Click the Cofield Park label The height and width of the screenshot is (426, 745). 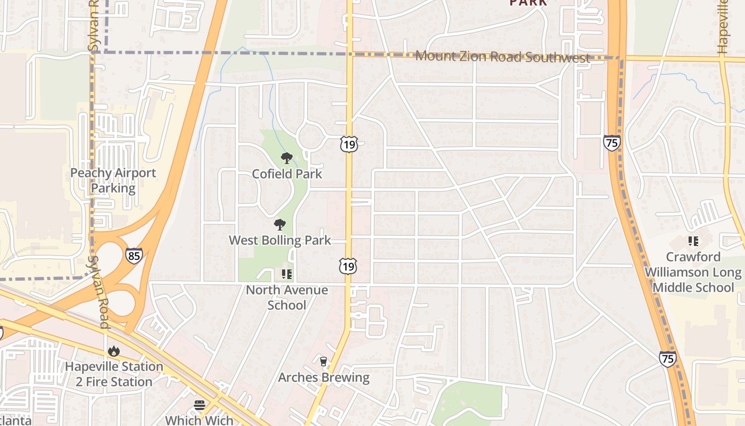(287, 174)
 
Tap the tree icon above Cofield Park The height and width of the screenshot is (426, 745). (287, 158)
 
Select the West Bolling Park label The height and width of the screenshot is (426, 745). (280, 241)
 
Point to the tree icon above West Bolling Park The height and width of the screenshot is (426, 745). (280, 225)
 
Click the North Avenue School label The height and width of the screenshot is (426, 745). (287, 298)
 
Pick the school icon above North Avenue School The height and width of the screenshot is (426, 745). (287, 274)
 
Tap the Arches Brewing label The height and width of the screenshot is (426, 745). (324, 378)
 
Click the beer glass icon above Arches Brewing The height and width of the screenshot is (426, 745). (323, 362)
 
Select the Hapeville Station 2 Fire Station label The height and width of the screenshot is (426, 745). (114, 374)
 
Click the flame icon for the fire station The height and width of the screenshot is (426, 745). (113, 351)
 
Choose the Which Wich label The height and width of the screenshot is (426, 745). (199, 420)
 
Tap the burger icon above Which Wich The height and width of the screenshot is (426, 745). (200, 405)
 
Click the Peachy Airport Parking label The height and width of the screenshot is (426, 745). (113, 181)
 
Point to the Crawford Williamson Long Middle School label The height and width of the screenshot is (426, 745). (693, 272)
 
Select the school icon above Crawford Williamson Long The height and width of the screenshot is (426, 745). (693, 241)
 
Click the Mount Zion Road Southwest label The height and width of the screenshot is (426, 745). (502, 56)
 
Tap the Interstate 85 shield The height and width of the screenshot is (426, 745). (134, 256)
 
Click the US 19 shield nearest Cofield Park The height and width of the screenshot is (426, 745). (349, 144)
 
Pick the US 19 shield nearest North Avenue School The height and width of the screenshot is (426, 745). (348, 266)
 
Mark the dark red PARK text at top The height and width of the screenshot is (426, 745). (528, 3)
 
